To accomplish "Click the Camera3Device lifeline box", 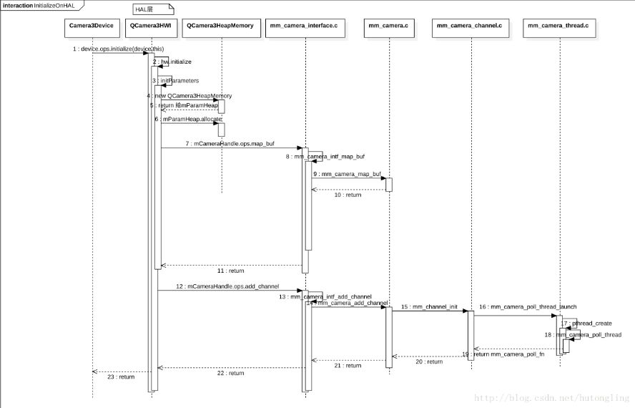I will [x=92, y=25].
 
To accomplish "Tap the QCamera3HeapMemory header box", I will [x=220, y=25].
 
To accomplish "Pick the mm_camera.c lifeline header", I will [x=388, y=25].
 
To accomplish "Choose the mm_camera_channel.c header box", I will [x=469, y=25].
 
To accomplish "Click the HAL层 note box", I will [x=153, y=9].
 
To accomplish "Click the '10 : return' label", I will [x=348, y=195].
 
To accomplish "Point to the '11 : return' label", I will [x=231, y=271].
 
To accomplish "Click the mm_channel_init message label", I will [x=428, y=306].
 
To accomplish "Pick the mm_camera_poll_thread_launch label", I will [x=518, y=306].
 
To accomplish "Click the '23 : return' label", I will [x=121, y=377].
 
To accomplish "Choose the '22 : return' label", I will [x=231, y=373].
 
